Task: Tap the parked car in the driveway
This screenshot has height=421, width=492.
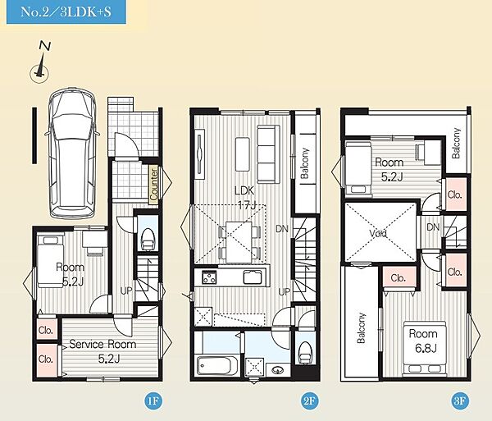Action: point(72,153)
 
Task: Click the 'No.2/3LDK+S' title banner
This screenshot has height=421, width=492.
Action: point(66,12)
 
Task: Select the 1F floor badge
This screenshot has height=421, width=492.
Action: point(154,401)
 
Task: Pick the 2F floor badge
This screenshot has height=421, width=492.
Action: point(309,401)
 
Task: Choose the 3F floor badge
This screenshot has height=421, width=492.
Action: point(461,401)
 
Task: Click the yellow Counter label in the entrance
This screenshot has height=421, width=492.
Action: point(154,185)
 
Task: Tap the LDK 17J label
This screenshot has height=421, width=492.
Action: point(245,198)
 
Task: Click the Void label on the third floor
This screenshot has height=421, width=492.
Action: point(378,234)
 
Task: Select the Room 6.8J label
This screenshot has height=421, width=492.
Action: point(423,341)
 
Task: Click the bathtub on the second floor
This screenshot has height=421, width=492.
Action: point(217,365)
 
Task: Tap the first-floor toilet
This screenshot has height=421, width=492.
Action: point(148,240)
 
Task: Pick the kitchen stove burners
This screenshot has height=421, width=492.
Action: point(209,277)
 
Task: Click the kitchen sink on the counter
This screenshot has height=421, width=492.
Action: point(253,277)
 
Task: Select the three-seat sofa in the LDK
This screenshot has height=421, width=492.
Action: point(268,154)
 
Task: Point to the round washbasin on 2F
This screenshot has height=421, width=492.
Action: point(277,369)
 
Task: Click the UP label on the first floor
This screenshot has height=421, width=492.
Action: point(126,291)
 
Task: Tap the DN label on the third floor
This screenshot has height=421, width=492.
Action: point(433,227)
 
